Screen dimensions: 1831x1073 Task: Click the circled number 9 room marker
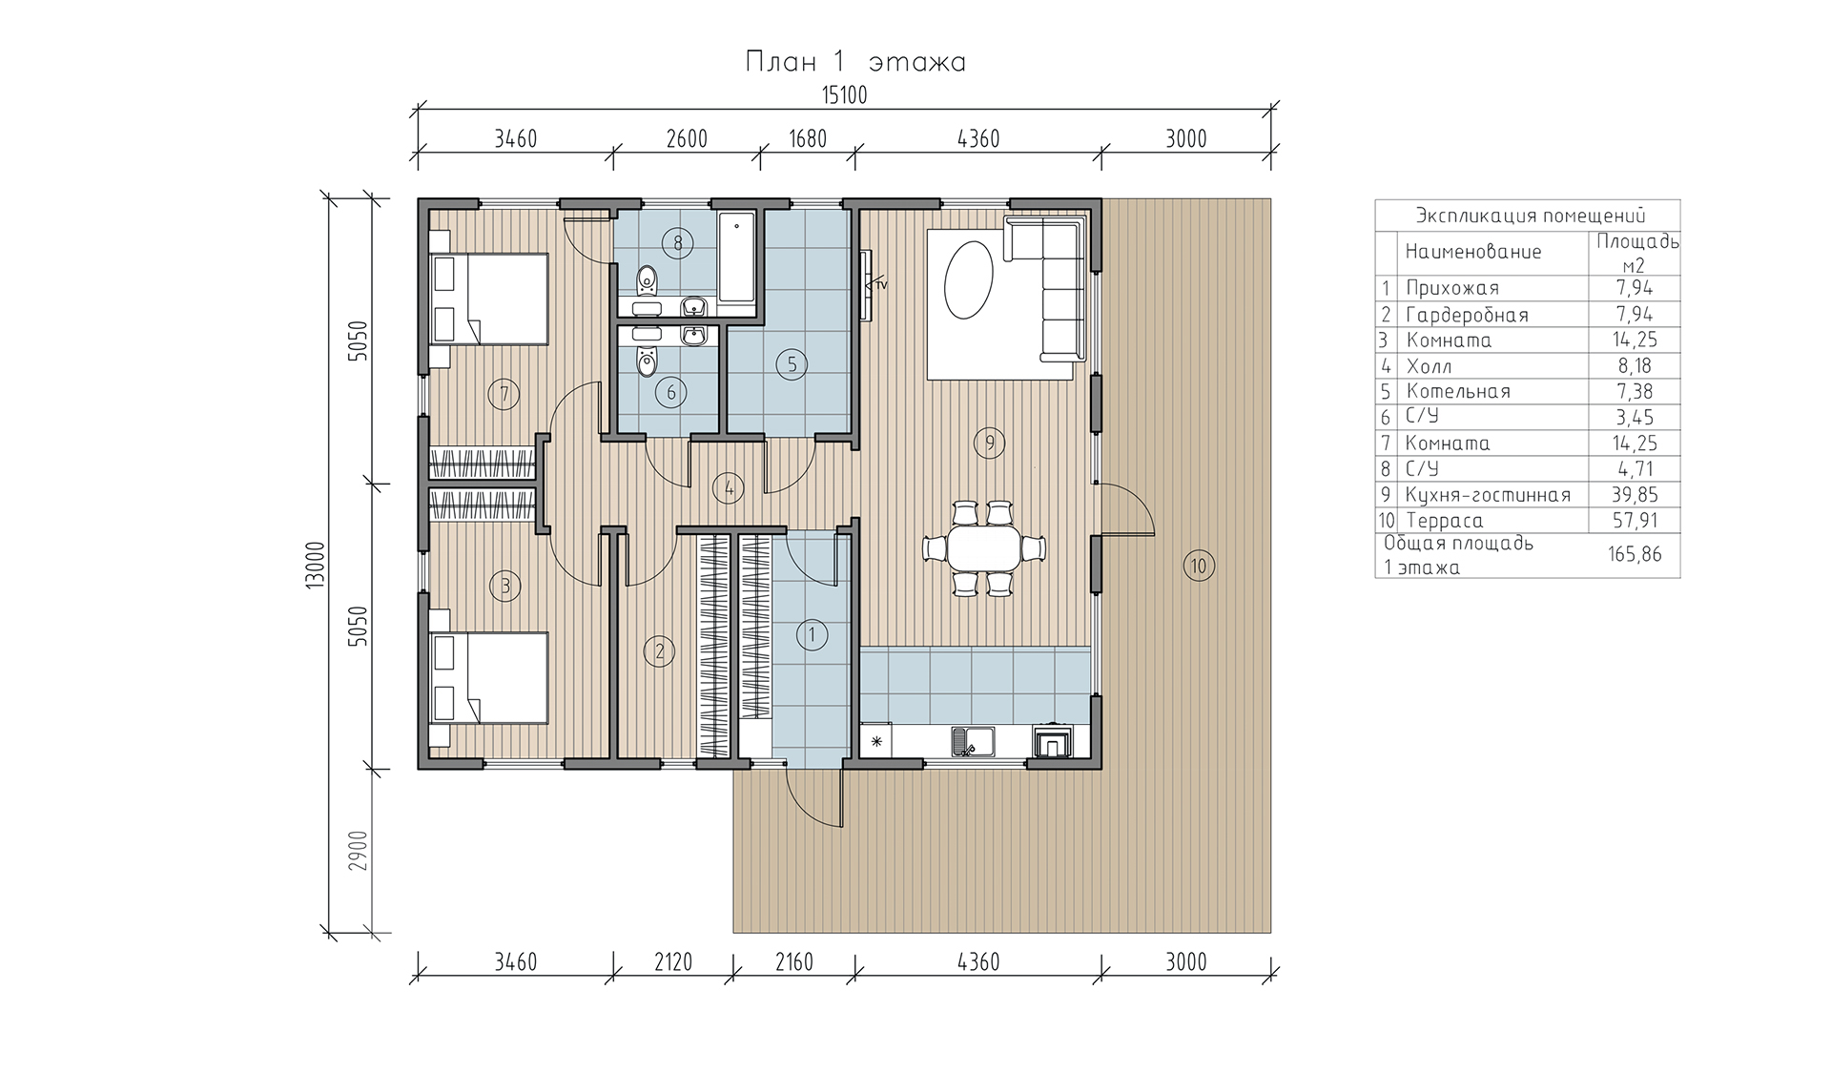(990, 442)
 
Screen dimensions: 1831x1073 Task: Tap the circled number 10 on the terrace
(1199, 566)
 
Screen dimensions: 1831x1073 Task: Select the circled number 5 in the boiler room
(792, 363)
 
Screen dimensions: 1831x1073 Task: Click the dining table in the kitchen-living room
(983, 549)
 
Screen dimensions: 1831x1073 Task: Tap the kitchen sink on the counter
(972, 742)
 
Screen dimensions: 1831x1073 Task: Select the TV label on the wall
(881, 285)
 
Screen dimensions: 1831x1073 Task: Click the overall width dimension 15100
(843, 95)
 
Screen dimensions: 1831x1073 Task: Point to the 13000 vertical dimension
(318, 566)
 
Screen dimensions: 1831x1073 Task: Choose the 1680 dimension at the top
(807, 139)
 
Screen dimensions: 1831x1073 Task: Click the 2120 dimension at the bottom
(672, 961)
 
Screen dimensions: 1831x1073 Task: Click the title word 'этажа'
(917, 63)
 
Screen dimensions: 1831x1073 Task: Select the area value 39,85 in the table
(1634, 494)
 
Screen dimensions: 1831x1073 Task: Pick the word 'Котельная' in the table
(1458, 391)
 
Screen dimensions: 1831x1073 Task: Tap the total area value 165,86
(1635, 554)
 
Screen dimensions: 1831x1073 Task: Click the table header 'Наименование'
(1473, 252)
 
